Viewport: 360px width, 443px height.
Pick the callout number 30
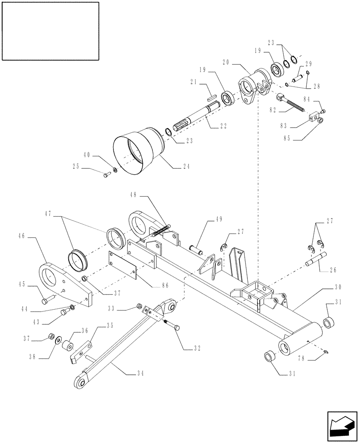(338, 288)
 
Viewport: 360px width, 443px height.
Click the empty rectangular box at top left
(50, 31)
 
